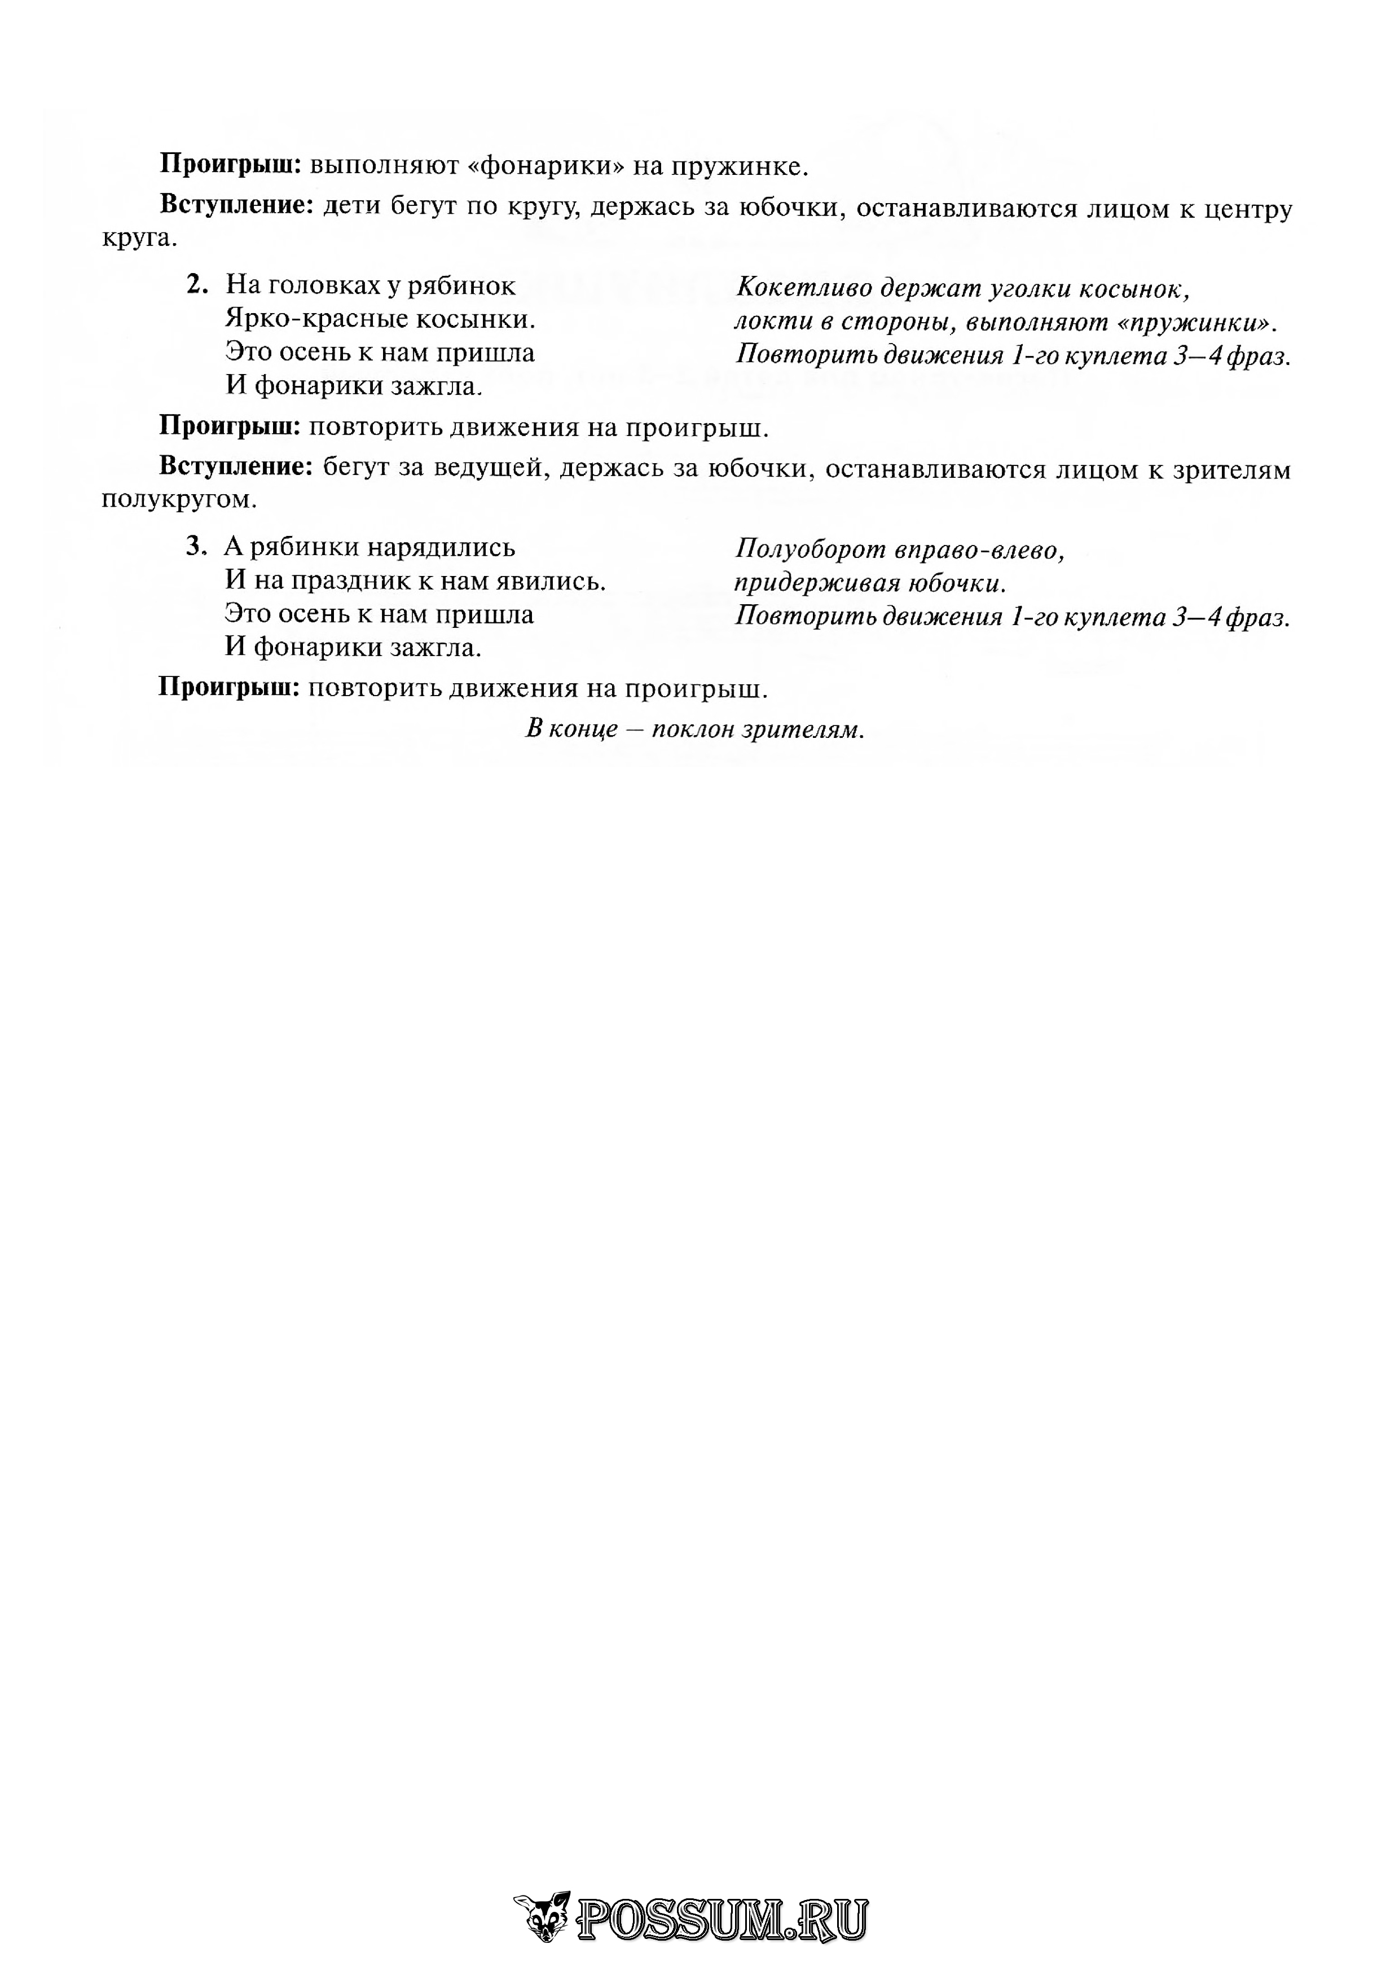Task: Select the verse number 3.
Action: [196, 547]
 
